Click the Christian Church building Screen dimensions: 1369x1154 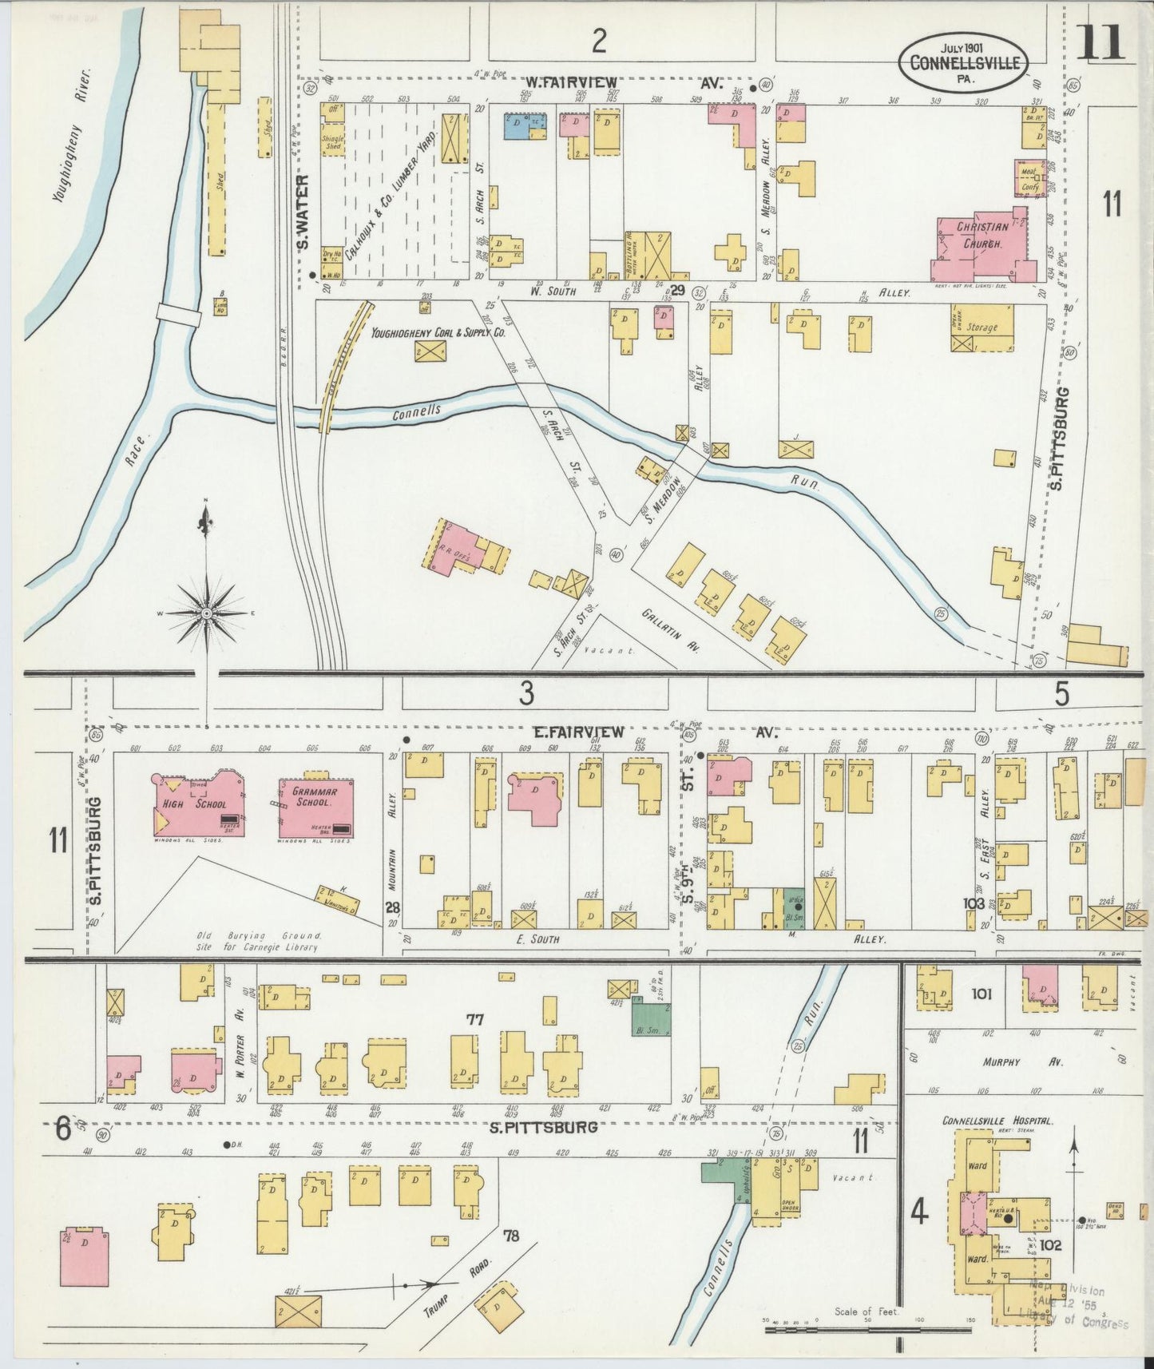coord(979,243)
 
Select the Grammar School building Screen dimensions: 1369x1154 coord(316,808)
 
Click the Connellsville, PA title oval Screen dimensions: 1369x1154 coord(972,59)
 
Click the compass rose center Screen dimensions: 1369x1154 coord(206,613)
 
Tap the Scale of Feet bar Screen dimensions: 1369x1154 coord(866,1329)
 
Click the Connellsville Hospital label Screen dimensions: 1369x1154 coord(997,1121)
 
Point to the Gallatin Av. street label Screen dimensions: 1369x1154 coord(669,630)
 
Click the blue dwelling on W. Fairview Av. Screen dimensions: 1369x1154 coord(525,125)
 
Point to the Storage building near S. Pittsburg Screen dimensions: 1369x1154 coord(982,327)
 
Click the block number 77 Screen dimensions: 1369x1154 coord(475,1019)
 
